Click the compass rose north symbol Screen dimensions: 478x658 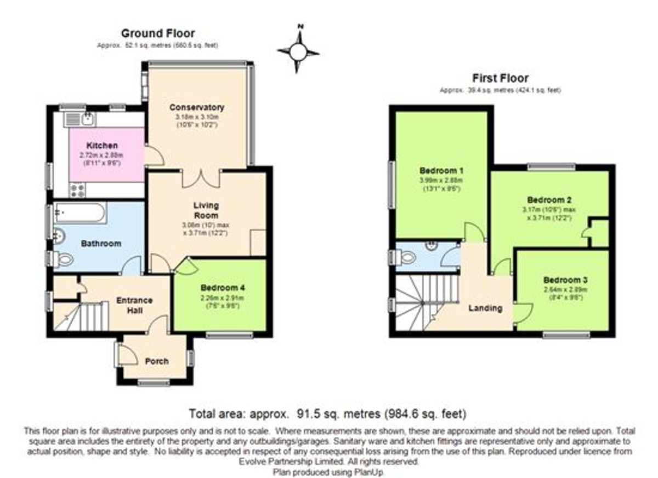(x=298, y=51)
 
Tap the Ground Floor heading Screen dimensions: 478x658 (x=158, y=34)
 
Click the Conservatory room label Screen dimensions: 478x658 (x=197, y=107)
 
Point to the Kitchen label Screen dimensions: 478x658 (x=102, y=146)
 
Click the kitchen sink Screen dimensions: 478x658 (x=80, y=118)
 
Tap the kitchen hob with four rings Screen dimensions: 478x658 (x=77, y=190)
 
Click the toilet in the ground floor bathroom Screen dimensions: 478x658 (x=63, y=260)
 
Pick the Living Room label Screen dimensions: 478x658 (x=206, y=210)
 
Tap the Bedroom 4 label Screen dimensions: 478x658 (x=219, y=288)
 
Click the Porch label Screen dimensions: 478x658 (x=156, y=361)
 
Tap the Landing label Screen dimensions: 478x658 (x=485, y=308)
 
